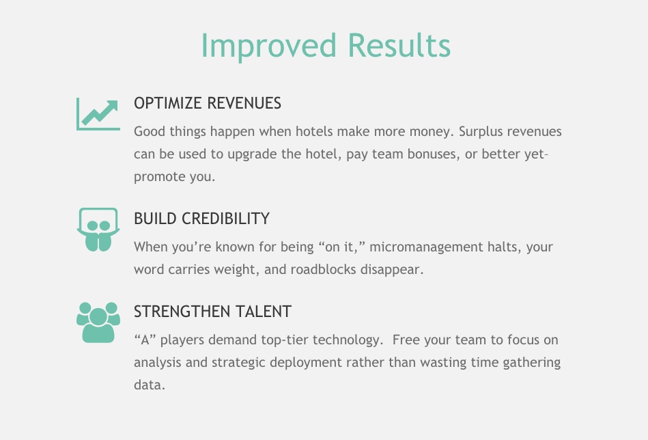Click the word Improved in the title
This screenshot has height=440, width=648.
(268, 46)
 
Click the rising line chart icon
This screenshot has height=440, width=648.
(98, 114)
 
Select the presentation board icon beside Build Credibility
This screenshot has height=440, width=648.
(98, 230)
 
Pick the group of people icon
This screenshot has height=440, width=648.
(98, 322)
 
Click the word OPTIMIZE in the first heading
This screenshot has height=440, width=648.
(168, 103)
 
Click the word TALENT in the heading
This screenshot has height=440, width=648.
(257, 312)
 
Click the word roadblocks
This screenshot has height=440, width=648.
(323, 269)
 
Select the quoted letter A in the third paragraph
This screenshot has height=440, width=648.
(145, 340)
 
